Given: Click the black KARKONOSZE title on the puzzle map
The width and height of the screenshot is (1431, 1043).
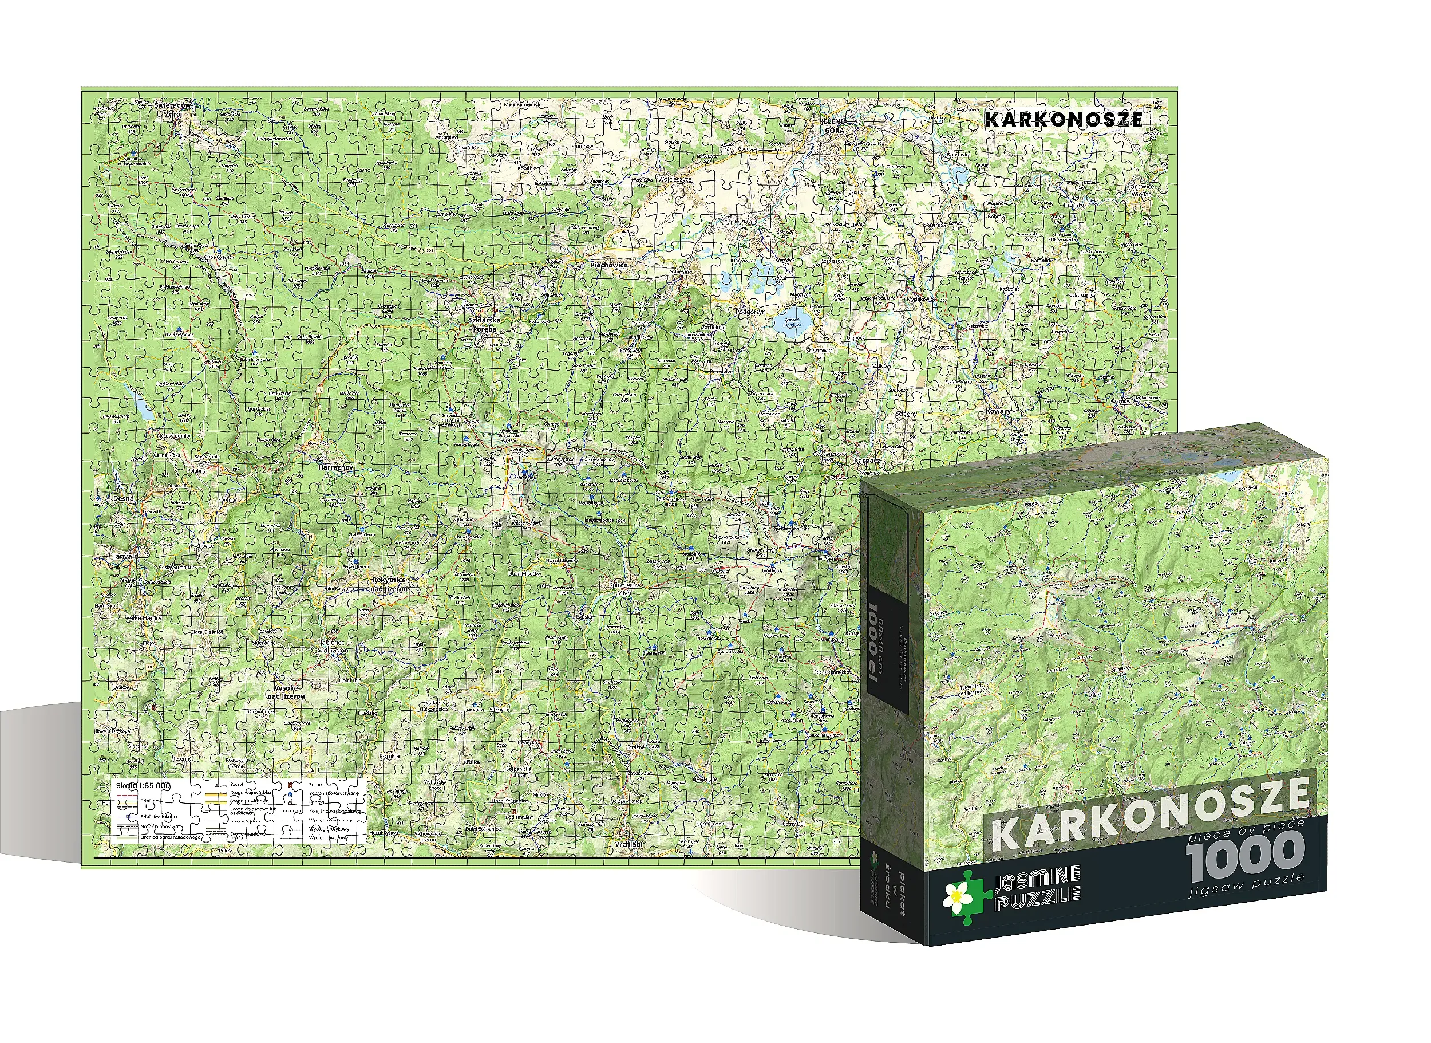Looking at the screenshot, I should point(1063,119).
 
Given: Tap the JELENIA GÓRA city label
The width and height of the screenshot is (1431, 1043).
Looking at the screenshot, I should point(833,125).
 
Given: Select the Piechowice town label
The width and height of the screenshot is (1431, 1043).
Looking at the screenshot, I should point(608,265).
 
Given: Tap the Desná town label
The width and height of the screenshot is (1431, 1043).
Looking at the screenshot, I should point(124,498).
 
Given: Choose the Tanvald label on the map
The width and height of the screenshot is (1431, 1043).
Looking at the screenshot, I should point(125,556).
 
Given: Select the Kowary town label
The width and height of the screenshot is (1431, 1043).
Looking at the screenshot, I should point(998,411).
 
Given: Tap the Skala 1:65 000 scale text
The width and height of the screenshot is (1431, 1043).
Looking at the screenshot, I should point(143,785).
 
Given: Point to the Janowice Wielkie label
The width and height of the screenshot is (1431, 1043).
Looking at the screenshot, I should point(1141,190).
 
